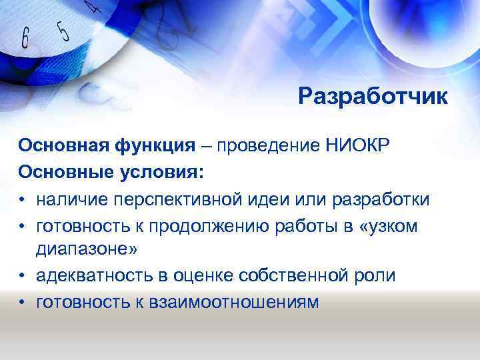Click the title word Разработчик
click(373, 97)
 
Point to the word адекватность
click(90, 276)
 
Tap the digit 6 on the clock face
click(25, 38)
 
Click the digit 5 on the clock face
click(62, 30)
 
